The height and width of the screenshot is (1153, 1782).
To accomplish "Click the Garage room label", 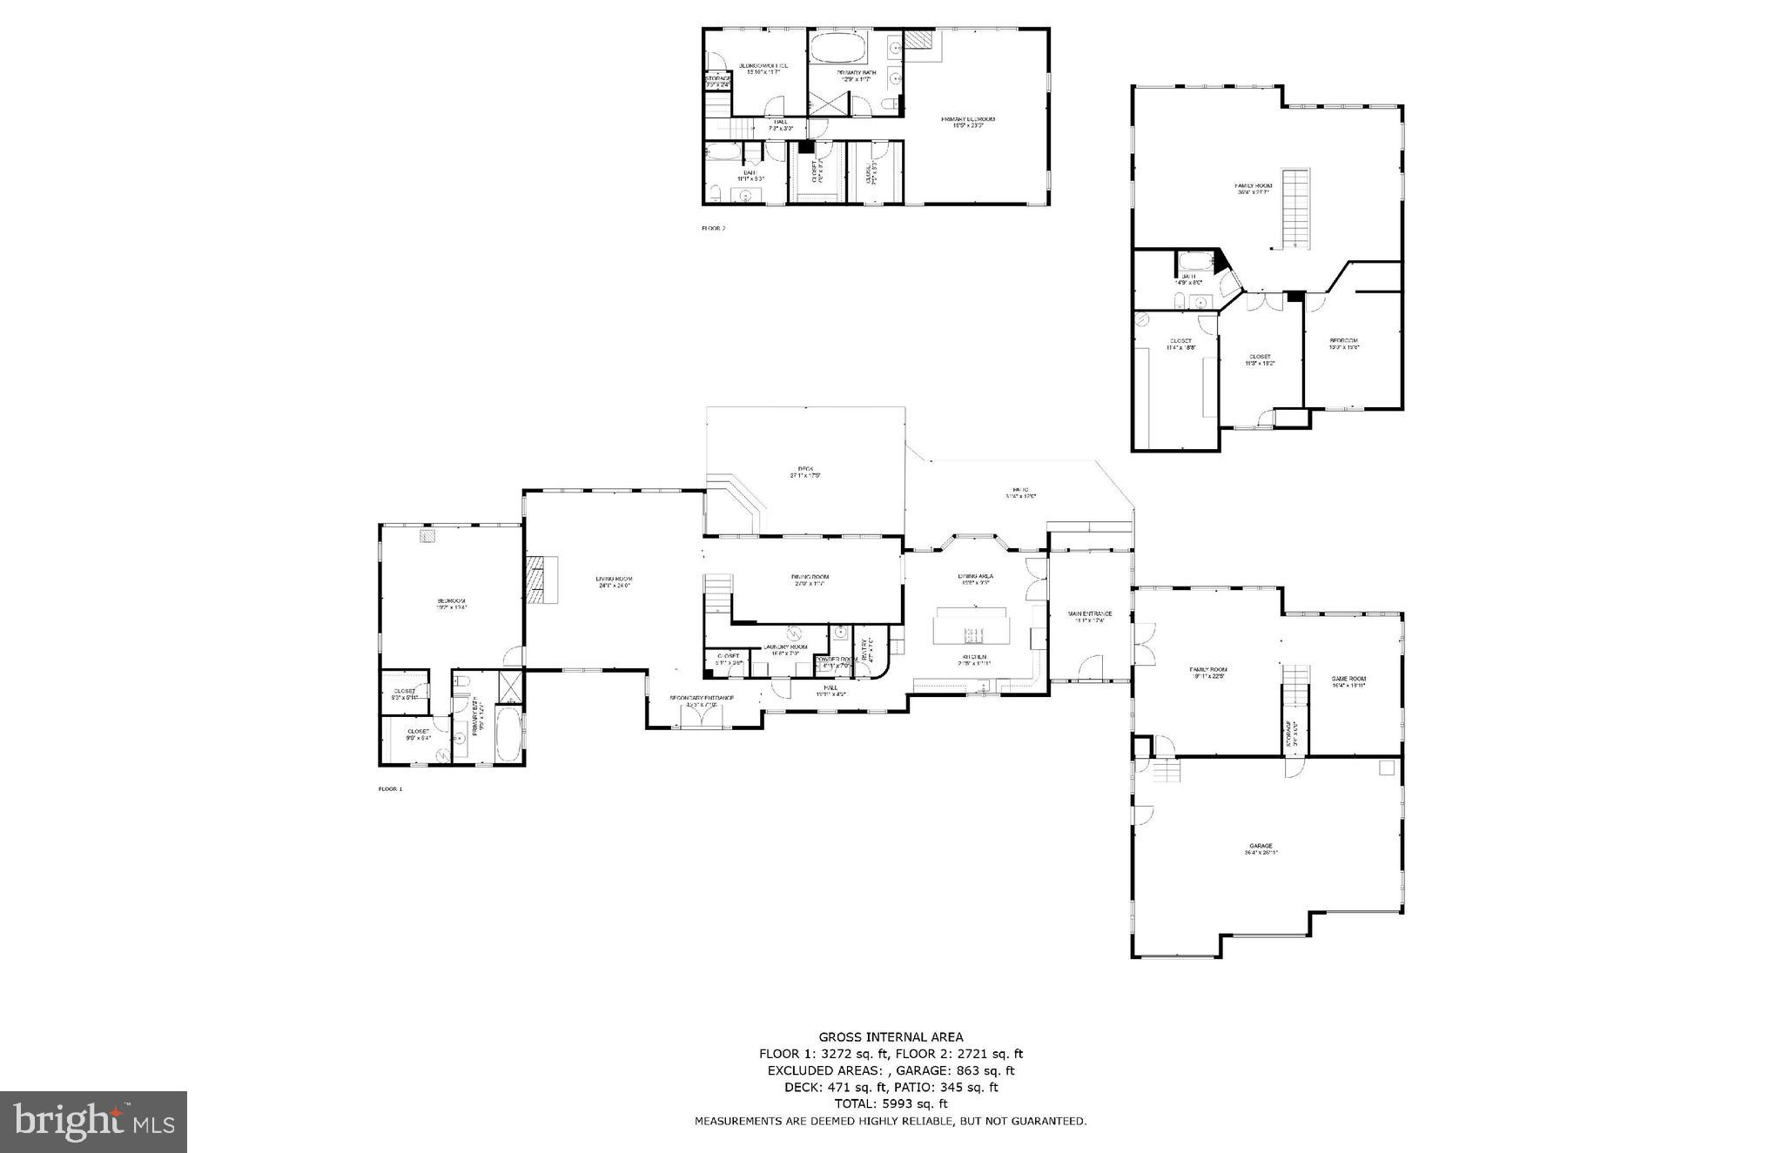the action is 1261,848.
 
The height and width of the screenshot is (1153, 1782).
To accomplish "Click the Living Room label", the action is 614,581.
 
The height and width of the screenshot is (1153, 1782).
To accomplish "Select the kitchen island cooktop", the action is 972,633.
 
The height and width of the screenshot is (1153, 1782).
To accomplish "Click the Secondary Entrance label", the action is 701,700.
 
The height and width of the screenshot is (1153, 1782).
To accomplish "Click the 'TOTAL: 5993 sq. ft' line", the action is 891,1103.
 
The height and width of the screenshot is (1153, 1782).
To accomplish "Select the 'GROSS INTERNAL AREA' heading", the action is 891,1036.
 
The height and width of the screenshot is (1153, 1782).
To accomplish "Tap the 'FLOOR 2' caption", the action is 713,229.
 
